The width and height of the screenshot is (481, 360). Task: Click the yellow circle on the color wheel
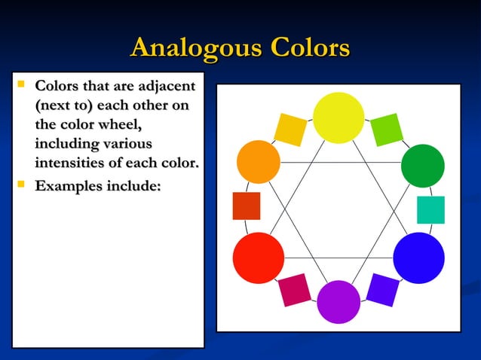pos(339,117)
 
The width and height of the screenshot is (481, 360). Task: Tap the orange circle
pos(259,161)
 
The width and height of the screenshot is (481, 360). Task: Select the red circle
pos(258,258)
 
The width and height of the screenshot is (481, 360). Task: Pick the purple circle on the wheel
pos(339,301)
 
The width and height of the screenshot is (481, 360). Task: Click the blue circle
pos(418,258)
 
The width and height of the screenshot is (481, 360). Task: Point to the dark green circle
pos(422,166)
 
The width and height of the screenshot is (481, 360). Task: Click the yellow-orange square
pos(290,130)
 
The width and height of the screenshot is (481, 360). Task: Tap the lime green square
pos(385,130)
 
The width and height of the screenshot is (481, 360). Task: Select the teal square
pos(430,210)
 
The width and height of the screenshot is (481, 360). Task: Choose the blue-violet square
pos(382,290)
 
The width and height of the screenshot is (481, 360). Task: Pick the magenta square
pos(294,290)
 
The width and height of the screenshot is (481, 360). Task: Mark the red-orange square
pos(246,206)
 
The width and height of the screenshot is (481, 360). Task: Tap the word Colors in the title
pos(308,48)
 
